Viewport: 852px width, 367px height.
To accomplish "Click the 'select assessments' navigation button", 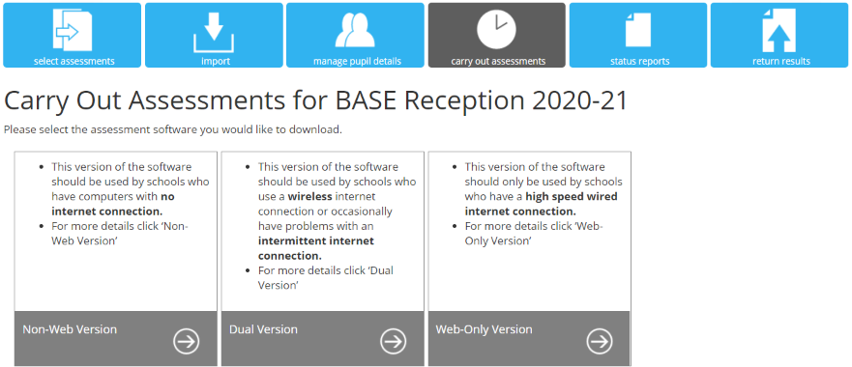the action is (x=73, y=36).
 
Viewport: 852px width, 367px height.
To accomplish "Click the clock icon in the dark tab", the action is (x=496, y=29).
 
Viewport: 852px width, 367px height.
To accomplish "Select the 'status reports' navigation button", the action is (x=638, y=36).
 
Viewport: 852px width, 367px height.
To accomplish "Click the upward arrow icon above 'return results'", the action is (x=779, y=31).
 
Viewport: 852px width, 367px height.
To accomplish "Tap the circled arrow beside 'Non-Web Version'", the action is (x=187, y=341).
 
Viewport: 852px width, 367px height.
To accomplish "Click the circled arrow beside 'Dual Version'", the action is (x=393, y=341).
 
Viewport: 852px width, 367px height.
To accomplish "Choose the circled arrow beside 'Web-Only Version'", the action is (x=600, y=341).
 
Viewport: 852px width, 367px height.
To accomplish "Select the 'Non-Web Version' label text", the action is (x=70, y=329).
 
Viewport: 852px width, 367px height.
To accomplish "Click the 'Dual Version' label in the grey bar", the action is (x=264, y=329).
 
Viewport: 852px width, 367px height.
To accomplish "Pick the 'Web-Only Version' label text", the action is (x=485, y=329).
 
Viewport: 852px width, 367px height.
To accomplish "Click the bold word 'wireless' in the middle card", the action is (x=310, y=196).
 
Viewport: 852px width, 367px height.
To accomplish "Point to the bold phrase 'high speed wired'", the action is (x=572, y=196).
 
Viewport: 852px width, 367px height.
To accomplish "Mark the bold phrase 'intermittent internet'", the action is (x=316, y=240).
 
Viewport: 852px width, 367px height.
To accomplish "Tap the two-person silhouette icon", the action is (x=355, y=30).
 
